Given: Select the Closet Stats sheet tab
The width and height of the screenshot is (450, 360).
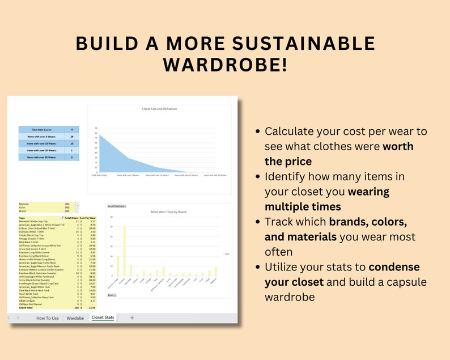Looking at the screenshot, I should (103, 318).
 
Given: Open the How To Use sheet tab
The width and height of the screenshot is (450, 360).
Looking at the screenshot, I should (48, 318).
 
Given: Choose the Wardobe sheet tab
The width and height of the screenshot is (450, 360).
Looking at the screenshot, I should (75, 318).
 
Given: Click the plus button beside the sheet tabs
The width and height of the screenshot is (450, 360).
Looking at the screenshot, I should (132, 318).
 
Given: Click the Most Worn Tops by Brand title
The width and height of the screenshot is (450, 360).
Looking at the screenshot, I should (168, 211).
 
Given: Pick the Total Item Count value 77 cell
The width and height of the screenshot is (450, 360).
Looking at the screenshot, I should (71, 130).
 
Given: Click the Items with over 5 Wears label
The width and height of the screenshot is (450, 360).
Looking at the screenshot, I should (41, 137).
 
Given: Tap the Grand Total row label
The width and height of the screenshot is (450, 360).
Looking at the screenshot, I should (28, 307).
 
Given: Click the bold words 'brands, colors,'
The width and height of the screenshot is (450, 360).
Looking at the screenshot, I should (368, 221).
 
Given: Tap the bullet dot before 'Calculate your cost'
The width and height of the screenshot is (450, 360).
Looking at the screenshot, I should (258, 132).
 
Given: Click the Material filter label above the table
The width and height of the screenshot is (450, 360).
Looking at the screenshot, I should (24, 204).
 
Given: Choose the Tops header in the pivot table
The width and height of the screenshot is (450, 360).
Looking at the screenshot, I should (23, 218).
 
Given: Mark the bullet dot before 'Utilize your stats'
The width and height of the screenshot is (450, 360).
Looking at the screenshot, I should (258, 267).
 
